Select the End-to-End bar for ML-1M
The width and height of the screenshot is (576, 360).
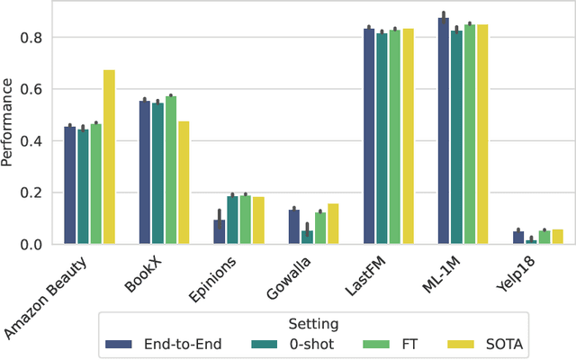click(x=444, y=131)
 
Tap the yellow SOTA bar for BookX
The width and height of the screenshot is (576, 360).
click(x=184, y=183)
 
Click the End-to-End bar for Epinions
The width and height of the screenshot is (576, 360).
click(x=220, y=232)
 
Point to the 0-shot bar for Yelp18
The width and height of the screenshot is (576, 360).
click(x=531, y=242)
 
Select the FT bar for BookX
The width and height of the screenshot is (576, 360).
click(x=171, y=170)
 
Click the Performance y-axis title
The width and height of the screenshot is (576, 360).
click(x=8, y=122)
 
